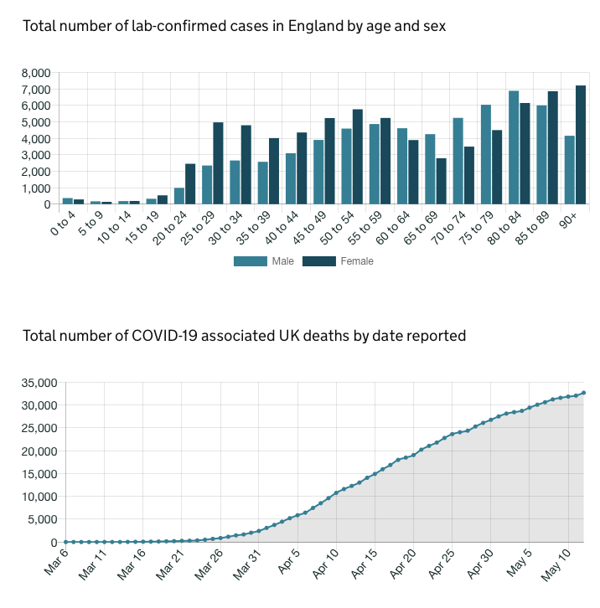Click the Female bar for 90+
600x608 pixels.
pos(580,145)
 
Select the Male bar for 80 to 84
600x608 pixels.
pos(514,147)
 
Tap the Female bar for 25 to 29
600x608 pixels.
pos(218,163)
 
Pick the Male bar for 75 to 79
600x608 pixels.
pos(486,154)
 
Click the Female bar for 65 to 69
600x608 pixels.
pos(441,181)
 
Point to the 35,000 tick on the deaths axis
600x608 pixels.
pos(38,383)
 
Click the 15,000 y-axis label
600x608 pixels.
pos(38,474)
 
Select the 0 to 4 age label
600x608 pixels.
pos(63,226)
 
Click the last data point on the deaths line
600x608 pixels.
pos(584,393)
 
